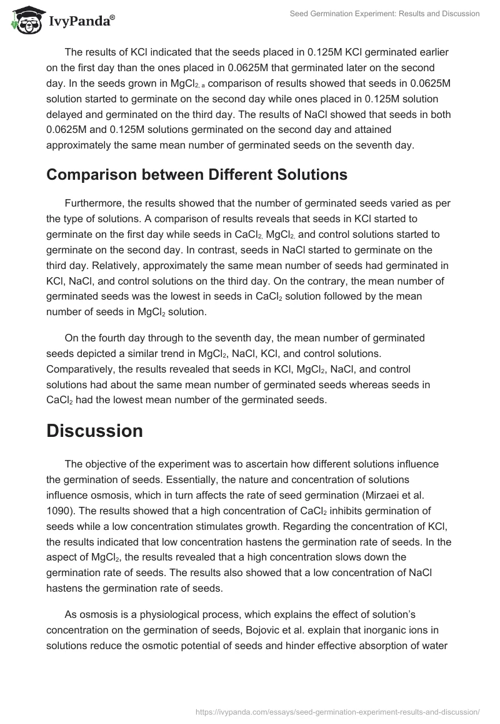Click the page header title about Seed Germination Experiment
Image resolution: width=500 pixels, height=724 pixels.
click(x=385, y=14)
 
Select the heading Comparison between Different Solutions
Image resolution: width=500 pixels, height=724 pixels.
click(x=196, y=175)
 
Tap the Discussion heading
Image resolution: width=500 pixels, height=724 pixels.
click(x=94, y=431)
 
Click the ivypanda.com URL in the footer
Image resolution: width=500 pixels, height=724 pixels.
click(x=337, y=711)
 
